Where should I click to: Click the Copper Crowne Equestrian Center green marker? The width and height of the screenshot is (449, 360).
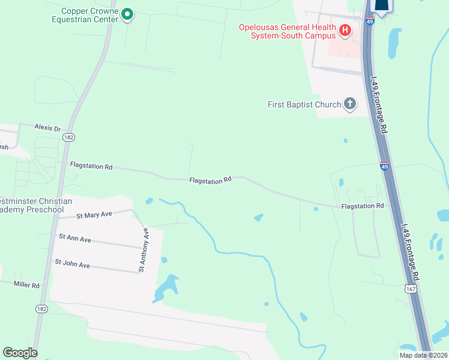click(127, 14)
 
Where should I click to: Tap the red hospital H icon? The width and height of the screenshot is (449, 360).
click(345, 30)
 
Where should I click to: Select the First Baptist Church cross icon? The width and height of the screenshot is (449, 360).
click(350, 104)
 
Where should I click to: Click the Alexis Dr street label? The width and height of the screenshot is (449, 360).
click(48, 128)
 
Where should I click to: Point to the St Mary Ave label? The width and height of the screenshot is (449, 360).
click(94, 215)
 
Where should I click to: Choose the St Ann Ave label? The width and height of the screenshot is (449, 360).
click(74, 238)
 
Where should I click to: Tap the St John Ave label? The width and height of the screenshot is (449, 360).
click(72, 263)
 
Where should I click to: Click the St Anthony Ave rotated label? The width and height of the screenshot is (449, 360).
click(143, 250)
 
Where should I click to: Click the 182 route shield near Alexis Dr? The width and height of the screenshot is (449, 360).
click(68, 137)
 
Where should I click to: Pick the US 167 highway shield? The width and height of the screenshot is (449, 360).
click(411, 289)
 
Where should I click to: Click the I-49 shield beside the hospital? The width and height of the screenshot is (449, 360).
click(370, 22)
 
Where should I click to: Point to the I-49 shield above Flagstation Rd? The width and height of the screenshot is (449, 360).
click(384, 166)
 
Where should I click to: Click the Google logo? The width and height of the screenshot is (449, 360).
click(20, 353)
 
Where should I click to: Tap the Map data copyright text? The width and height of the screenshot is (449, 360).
click(423, 355)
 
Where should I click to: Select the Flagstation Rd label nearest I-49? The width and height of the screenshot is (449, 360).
click(362, 206)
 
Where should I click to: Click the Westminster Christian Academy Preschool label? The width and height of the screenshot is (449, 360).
click(36, 205)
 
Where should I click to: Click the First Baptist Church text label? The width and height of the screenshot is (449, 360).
click(304, 104)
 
